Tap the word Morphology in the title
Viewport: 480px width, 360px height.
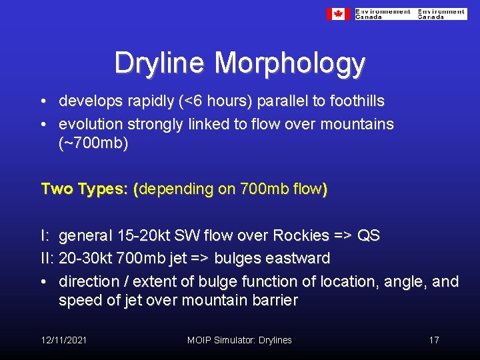[x=290, y=64]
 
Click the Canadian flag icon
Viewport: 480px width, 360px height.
[x=338, y=14]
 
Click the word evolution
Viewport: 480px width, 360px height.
[x=89, y=124]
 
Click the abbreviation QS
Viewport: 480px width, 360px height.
[x=369, y=236]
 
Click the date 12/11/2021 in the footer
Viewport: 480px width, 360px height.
[x=63, y=340]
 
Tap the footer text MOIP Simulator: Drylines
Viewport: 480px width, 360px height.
[x=239, y=340]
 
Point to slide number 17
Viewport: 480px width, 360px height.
[x=433, y=340]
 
